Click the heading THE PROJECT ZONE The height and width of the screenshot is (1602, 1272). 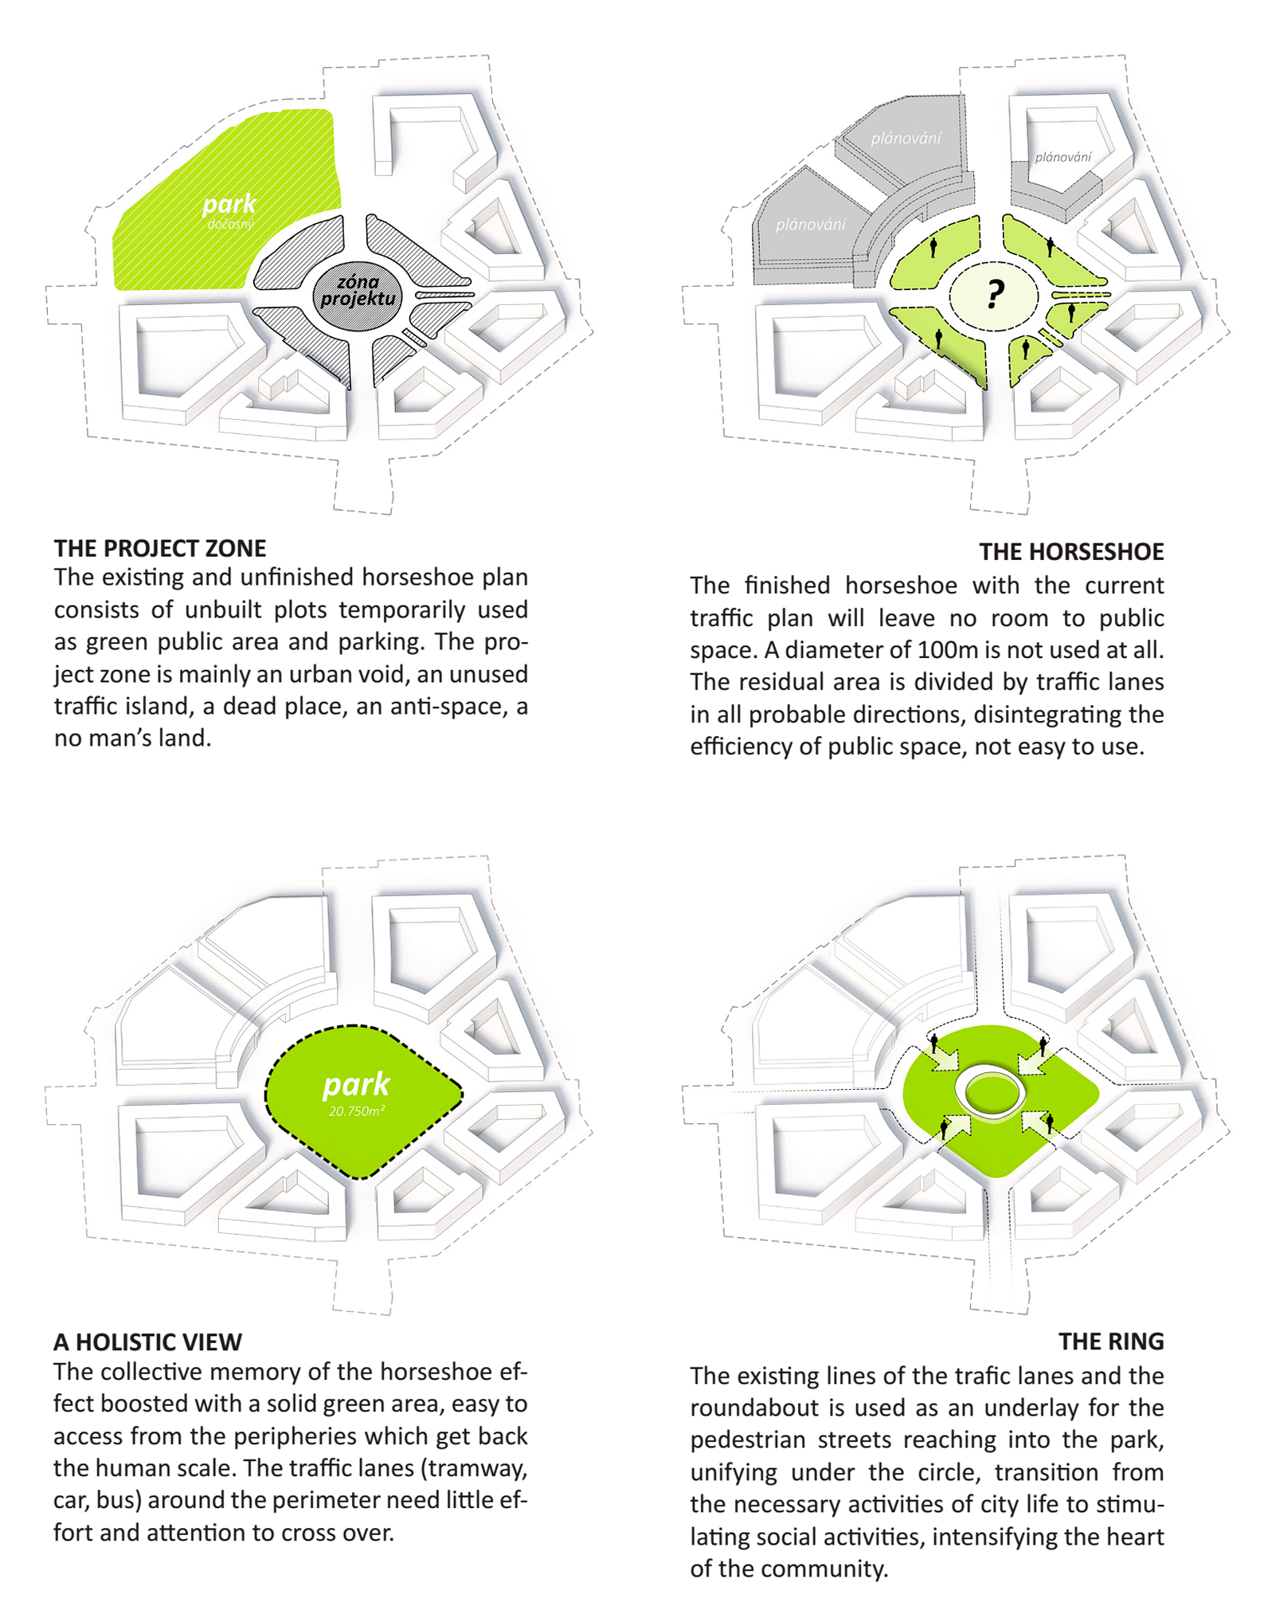[159, 548]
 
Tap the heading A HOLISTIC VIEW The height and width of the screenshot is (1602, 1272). [147, 1342]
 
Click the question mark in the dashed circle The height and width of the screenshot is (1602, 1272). [993, 294]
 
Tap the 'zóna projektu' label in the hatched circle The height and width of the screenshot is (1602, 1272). [358, 291]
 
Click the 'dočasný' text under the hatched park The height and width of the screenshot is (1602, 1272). [229, 225]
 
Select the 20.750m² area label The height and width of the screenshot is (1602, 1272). [356, 1110]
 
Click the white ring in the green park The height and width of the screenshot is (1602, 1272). [990, 1091]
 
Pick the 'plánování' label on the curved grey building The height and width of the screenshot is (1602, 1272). [905, 139]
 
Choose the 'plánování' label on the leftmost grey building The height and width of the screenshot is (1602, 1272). [810, 225]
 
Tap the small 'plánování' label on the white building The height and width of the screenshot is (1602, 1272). [1063, 157]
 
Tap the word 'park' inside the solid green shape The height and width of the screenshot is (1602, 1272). [356, 1084]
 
